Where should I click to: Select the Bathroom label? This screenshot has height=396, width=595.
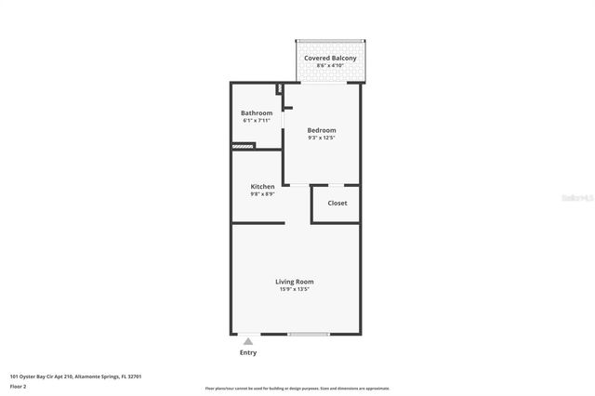257,112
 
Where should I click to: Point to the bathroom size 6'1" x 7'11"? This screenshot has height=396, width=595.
257,121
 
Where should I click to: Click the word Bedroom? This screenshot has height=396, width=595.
322,129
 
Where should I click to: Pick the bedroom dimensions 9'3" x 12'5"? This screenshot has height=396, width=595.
322,138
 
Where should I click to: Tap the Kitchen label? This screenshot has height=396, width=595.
262,186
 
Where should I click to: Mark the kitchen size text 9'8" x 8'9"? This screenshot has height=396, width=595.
262,194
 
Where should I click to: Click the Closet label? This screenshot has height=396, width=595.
337,203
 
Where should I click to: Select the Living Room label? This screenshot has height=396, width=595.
294,281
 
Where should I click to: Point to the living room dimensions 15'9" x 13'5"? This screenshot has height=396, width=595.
294,289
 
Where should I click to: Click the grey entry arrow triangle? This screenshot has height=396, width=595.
248,342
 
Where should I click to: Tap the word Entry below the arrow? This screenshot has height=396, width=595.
248,352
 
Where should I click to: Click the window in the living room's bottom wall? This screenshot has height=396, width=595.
308,334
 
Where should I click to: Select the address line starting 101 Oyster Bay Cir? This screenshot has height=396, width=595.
75,376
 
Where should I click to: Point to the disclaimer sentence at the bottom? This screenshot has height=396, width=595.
297,388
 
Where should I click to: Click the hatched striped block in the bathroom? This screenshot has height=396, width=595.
243,145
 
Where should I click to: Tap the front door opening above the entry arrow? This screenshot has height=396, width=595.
249,334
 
